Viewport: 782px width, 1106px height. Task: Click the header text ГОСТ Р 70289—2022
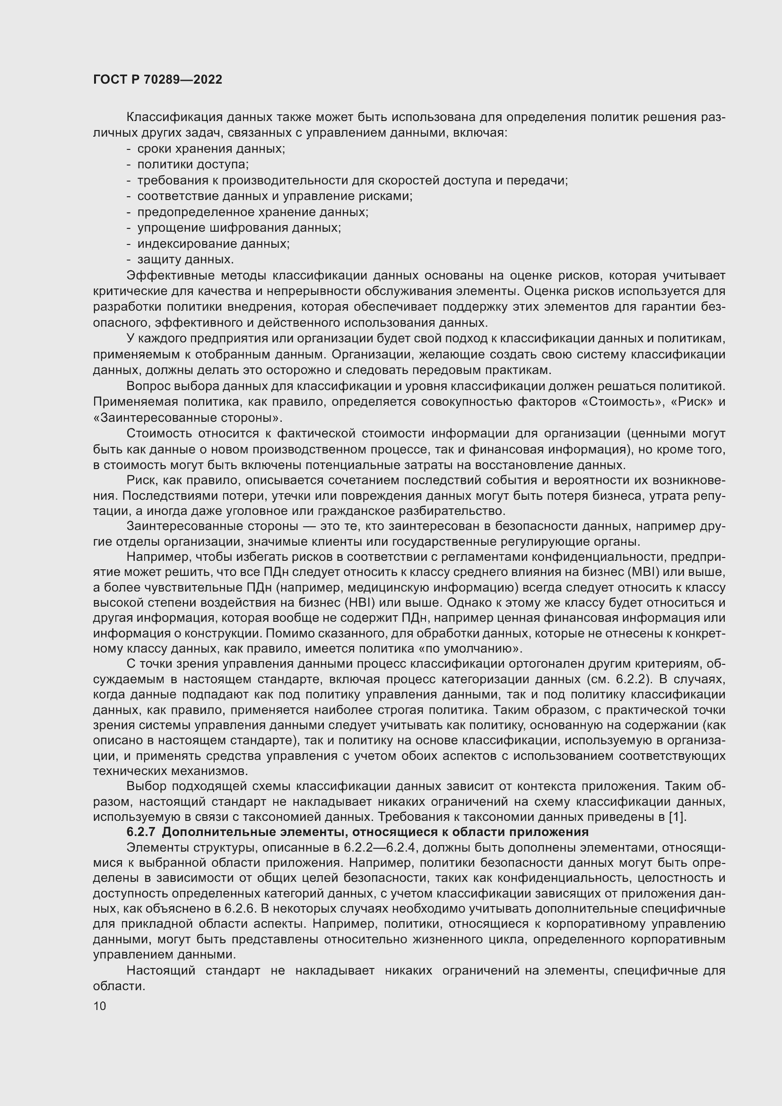[157, 80]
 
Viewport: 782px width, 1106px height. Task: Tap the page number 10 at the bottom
[100, 1006]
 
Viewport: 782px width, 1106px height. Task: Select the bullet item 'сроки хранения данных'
[211, 149]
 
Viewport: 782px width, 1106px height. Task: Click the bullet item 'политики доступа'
[192, 165]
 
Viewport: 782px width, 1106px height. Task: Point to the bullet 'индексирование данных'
[213, 244]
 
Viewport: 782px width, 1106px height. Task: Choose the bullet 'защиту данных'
[185, 260]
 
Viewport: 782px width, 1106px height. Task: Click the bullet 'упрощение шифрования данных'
[239, 228]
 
